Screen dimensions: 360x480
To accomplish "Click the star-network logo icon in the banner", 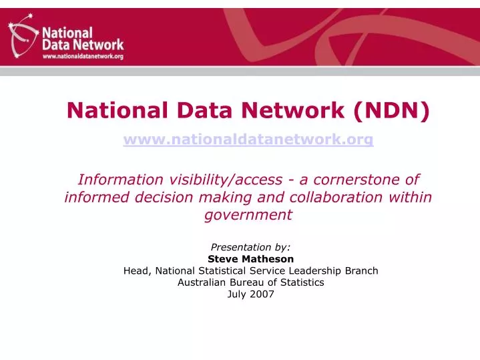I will click(22, 37).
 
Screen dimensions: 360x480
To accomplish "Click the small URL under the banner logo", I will click(83, 57).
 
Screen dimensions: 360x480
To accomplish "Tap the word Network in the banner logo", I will click(98, 45).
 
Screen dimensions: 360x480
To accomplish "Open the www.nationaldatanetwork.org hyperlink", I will click(248, 140).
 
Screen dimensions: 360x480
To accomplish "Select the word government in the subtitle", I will click(248, 214).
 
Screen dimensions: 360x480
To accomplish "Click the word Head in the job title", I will click(136, 271).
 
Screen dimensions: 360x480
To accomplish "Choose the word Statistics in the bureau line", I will click(301, 282).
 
